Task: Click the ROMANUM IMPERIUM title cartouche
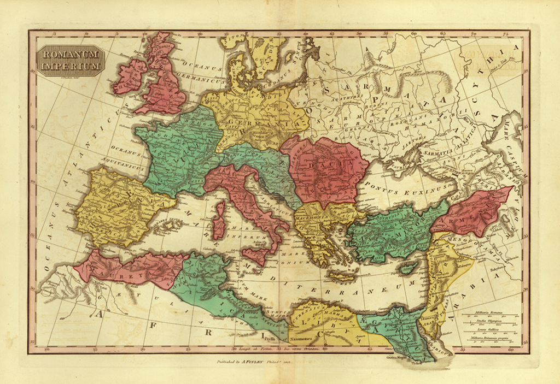point(71,61)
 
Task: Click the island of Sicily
point(256,256)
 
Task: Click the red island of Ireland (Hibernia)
point(130,76)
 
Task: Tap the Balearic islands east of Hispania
point(168,225)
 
